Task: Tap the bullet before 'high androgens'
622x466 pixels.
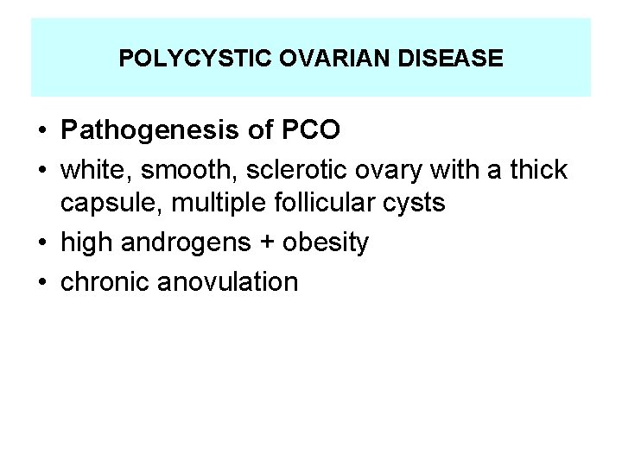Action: coord(42,244)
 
